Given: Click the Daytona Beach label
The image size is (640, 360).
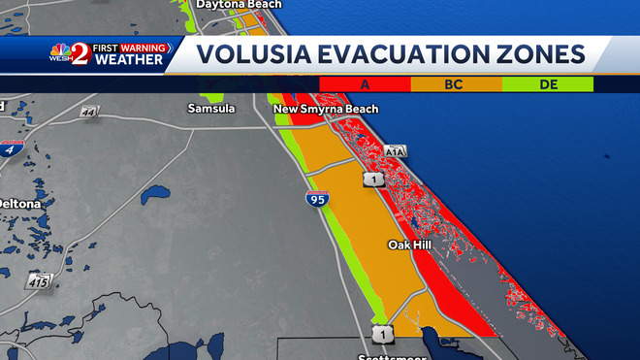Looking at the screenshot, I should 239,5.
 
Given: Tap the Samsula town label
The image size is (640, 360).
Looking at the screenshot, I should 210,109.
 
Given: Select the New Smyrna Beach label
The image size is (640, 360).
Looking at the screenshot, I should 326,109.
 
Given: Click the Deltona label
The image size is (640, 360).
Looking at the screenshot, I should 20,205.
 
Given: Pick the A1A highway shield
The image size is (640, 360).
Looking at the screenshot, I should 395,151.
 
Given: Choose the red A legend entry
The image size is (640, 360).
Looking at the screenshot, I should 365,84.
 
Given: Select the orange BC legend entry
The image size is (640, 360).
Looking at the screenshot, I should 456,84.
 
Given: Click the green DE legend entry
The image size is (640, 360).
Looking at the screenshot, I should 548,84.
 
